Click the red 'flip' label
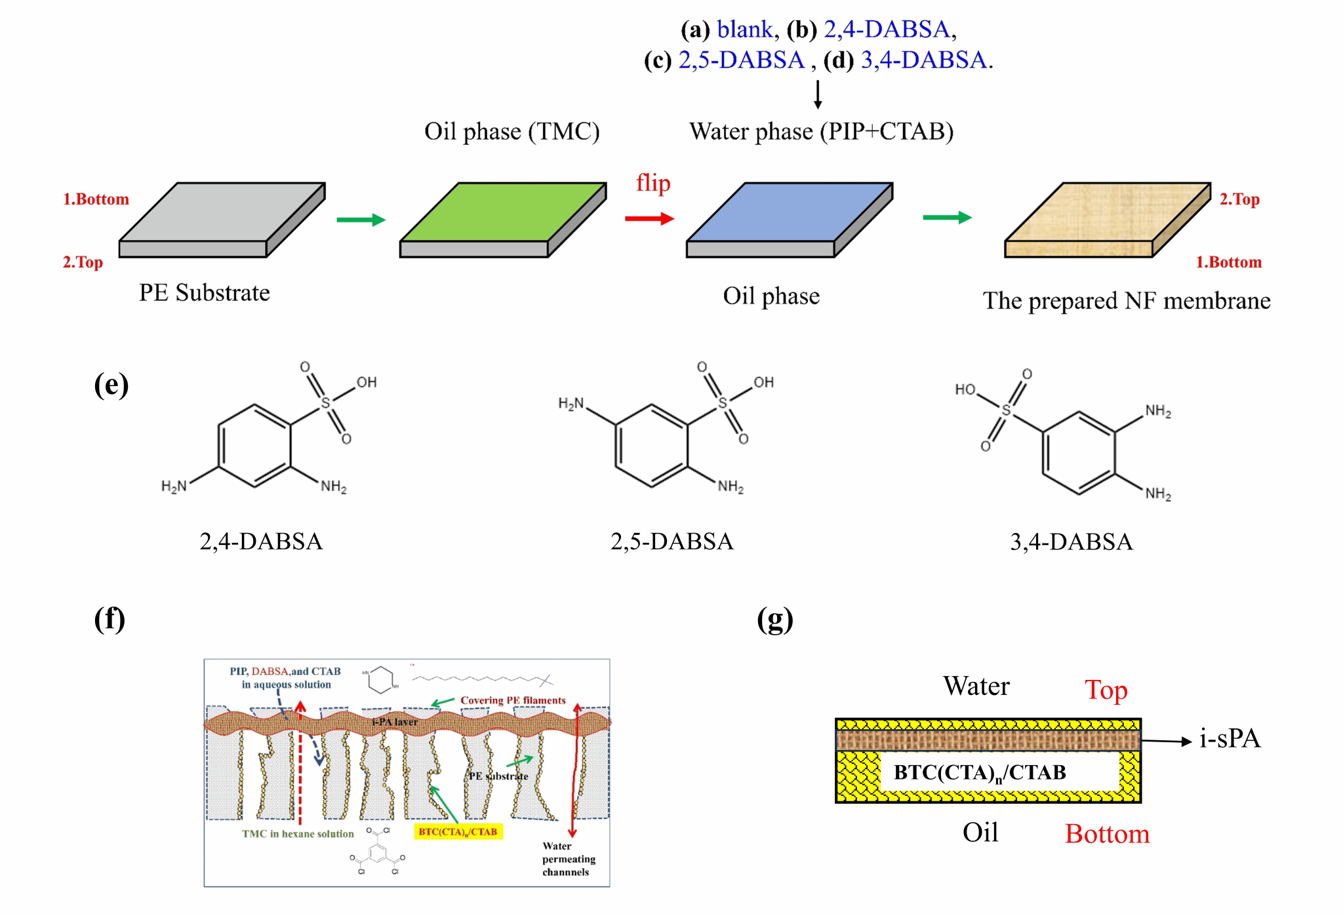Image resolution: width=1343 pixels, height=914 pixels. [652, 183]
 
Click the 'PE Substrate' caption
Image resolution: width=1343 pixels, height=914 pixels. [204, 292]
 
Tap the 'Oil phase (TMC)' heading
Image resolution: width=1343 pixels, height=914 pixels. [511, 131]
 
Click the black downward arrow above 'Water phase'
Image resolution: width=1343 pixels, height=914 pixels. [818, 94]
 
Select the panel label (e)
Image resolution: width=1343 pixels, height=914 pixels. [111, 385]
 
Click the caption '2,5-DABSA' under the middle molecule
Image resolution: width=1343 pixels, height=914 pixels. [671, 542]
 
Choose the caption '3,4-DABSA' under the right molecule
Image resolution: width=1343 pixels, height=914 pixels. [1071, 542]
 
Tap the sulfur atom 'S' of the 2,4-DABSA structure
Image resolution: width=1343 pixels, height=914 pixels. [325, 403]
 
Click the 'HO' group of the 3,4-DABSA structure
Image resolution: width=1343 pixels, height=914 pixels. [965, 389]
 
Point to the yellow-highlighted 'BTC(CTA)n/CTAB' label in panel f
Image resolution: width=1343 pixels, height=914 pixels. [458, 831]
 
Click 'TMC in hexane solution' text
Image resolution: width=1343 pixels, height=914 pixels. [298, 833]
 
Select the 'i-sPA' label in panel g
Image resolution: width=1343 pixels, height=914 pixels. [1230, 739]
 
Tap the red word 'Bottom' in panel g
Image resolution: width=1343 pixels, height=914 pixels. [1107, 834]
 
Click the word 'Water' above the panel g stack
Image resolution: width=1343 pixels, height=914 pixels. [976, 686]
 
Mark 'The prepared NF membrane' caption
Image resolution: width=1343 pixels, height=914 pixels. [1126, 301]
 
